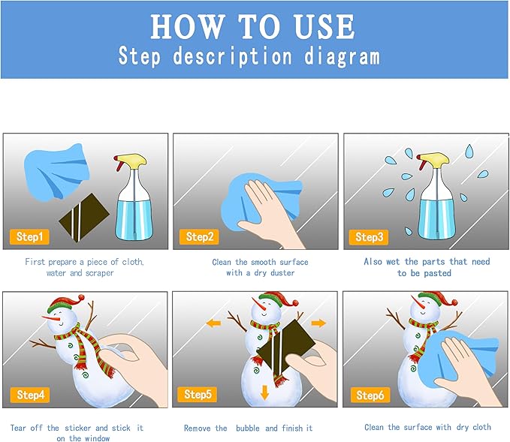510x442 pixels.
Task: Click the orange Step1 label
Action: point(29,236)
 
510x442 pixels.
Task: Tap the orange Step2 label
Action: point(199,236)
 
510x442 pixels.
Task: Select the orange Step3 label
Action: point(369,237)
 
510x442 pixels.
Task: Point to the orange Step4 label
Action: point(30,395)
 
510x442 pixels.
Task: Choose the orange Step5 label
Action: point(198,394)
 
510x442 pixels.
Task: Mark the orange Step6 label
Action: point(370,395)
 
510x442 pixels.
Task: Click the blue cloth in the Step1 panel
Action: point(56,172)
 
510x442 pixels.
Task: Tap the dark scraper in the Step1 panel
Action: point(84,218)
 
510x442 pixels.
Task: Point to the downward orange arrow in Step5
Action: point(264,392)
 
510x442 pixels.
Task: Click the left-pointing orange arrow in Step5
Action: point(214,323)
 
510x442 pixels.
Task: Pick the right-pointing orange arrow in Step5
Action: point(318,323)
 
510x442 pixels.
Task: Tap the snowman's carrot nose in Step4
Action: point(51,318)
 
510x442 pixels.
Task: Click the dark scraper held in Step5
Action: point(286,347)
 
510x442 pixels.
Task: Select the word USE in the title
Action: point(324,27)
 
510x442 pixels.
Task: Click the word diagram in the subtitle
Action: point(343,56)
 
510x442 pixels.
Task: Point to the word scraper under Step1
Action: point(99,273)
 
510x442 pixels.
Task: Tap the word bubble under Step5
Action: point(248,428)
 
